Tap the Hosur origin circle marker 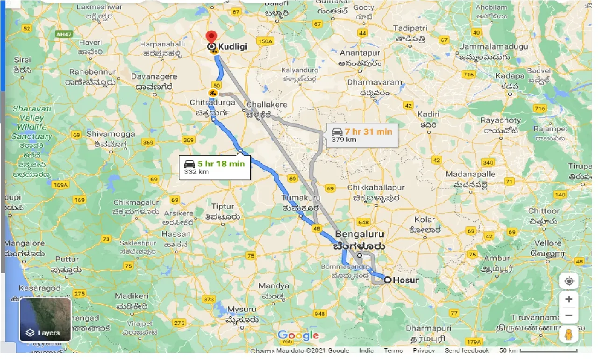tap(387, 280)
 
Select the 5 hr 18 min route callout tap(214, 167)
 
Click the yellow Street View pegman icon tap(569, 335)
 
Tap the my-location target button tap(569, 281)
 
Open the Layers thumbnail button tap(45, 320)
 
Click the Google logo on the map tap(298, 335)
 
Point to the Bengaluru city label tap(359, 234)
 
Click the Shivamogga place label tap(110, 134)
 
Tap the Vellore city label tap(548, 243)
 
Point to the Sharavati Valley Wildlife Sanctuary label tap(32, 122)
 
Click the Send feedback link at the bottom tap(466, 351)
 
